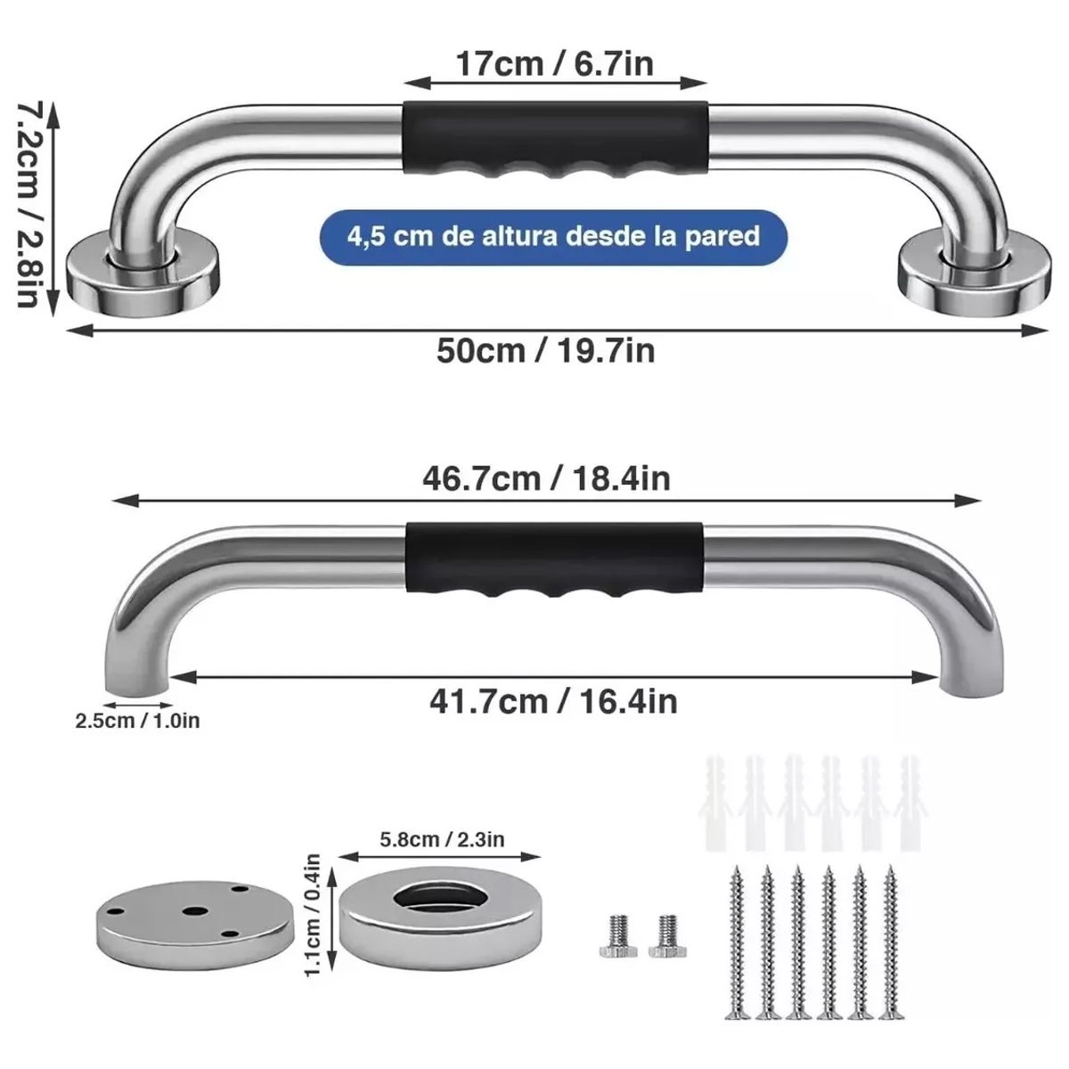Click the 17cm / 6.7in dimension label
pyautogui.click(x=554, y=64)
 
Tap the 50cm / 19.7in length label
pyautogui.click(x=545, y=350)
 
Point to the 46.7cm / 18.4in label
pyautogui.click(x=546, y=478)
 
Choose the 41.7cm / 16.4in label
pyautogui.click(x=553, y=701)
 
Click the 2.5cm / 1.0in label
pyautogui.click(x=137, y=721)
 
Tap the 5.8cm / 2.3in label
pyautogui.click(x=442, y=838)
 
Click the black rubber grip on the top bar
pyautogui.click(x=556, y=138)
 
